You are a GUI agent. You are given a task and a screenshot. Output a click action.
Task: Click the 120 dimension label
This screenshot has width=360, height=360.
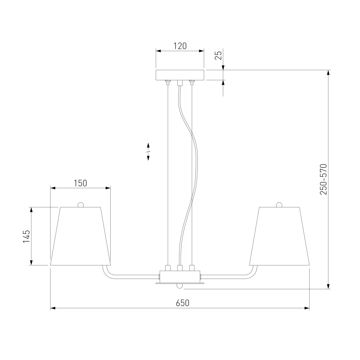click(x=180, y=46)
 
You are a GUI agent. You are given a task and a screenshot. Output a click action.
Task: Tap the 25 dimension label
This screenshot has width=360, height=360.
click(x=218, y=55)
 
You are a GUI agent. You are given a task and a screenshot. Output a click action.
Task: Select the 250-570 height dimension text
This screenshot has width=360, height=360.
click(x=324, y=179)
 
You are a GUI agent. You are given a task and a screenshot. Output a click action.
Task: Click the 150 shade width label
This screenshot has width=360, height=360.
click(x=80, y=183)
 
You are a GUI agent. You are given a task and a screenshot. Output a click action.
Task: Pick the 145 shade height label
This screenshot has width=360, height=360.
click(x=26, y=236)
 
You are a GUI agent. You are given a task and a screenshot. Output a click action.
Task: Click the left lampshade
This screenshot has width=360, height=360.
click(x=80, y=236)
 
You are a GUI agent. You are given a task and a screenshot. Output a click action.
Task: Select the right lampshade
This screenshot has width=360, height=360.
click(x=280, y=236)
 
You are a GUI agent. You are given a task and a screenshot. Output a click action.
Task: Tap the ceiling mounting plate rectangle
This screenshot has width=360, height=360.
click(x=180, y=75)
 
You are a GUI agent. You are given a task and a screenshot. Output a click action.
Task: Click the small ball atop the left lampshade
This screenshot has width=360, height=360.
click(x=80, y=205)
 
